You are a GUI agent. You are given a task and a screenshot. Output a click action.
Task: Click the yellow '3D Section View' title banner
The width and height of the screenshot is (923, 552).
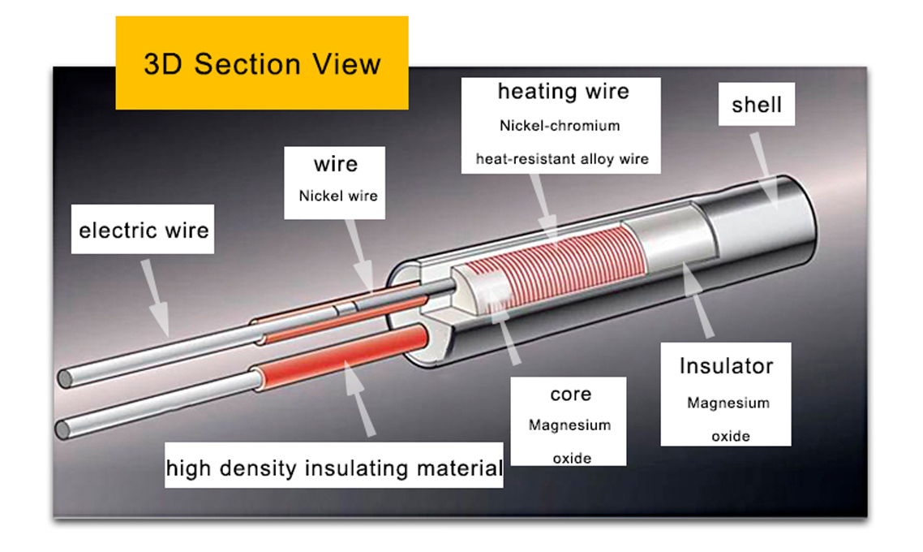click(261, 63)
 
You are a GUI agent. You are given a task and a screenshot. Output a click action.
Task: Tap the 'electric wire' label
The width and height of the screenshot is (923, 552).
click(144, 231)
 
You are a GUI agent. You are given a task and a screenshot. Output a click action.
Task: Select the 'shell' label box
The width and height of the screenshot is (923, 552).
click(756, 105)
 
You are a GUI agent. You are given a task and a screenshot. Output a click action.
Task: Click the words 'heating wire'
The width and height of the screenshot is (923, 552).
click(563, 92)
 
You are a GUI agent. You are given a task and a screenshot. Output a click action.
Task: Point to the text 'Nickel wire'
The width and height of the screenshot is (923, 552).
click(338, 196)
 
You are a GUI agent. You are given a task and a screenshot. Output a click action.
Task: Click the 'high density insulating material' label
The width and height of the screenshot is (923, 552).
click(333, 468)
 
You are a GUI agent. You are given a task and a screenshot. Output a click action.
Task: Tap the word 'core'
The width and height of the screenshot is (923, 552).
click(570, 395)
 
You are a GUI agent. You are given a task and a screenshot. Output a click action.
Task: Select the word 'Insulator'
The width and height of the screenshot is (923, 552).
click(726, 366)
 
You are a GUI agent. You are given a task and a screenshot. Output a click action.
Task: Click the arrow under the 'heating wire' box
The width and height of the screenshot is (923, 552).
click(546, 206)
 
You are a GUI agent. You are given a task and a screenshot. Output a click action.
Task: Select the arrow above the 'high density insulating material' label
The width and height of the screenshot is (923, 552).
click(357, 401)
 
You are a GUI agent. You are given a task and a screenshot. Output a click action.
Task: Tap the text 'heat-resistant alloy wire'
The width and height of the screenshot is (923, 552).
click(562, 158)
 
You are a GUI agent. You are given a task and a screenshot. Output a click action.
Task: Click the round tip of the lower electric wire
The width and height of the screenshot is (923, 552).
click(62, 428)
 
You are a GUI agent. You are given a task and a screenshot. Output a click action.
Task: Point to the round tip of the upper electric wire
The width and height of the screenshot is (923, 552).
click(66, 379)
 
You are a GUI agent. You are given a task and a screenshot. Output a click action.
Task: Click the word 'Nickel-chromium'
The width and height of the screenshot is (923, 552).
click(560, 126)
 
